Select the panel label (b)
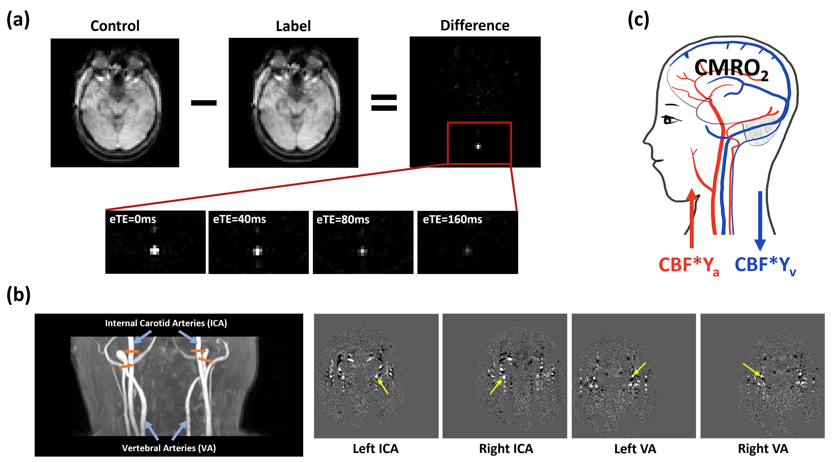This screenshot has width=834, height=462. (18, 295)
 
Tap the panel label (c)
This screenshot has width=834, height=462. (638, 20)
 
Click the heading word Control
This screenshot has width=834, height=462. (115, 26)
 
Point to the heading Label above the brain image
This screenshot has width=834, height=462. (293, 26)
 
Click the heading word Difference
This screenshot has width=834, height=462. (475, 26)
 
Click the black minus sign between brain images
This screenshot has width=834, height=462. (204, 103)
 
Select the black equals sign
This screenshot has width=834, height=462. (384, 103)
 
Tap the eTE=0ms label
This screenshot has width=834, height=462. (133, 219)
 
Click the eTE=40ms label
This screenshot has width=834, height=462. (240, 219)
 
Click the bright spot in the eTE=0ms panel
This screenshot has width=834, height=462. (155, 250)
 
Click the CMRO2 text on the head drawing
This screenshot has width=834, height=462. (731, 69)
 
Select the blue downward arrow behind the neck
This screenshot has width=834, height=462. (760, 221)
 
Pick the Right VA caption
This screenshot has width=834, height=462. (763, 449)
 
